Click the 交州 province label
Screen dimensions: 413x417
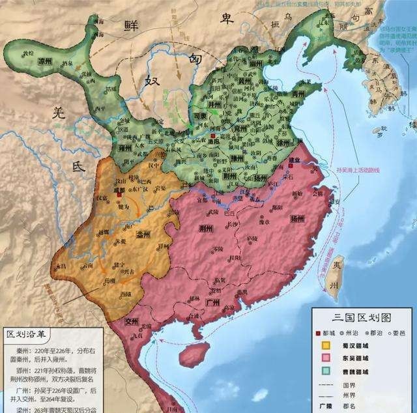pyautogui.click(x=132, y=321)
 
